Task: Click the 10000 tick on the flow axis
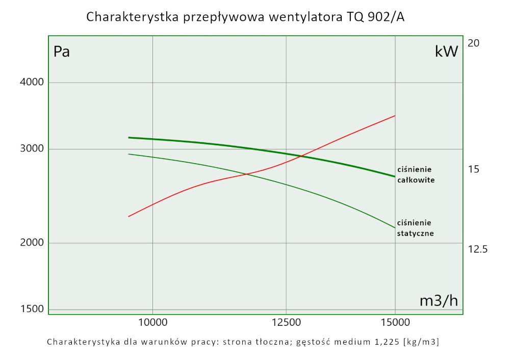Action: [x=153, y=322]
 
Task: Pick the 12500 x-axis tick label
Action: [x=286, y=322]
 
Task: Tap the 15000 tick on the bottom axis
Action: [x=395, y=322]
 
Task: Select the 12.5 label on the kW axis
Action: [x=478, y=249]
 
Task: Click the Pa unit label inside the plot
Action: [x=62, y=52]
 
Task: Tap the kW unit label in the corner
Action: [x=446, y=52]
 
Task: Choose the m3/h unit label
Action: [x=439, y=301]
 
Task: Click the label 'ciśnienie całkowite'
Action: [x=416, y=175]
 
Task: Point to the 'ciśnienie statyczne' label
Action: [x=415, y=228]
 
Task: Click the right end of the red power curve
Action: [x=395, y=116]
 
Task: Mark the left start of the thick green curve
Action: [x=129, y=137]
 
